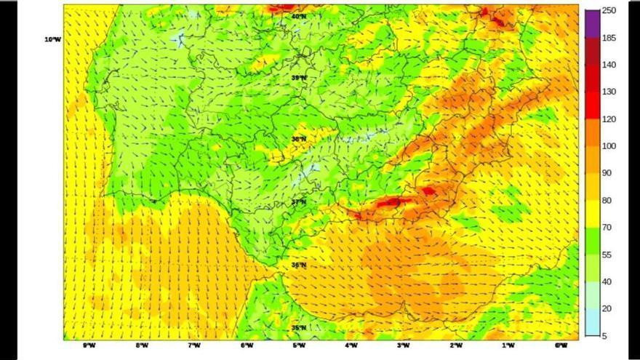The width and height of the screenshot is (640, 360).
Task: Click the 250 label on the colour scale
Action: coord(609,10)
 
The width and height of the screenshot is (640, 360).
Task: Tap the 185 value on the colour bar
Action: coord(609,38)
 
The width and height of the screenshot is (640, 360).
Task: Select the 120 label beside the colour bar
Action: coord(609,119)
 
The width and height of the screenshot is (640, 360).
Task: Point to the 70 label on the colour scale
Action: coord(607,228)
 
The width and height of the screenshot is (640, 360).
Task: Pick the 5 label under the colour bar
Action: coord(604,336)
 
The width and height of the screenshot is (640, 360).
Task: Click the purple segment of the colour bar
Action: coord(592,23)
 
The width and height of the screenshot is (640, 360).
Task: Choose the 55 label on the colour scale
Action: coord(607,255)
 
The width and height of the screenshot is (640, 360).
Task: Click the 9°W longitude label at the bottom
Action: coord(89,345)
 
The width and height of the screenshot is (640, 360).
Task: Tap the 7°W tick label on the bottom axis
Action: coord(194,345)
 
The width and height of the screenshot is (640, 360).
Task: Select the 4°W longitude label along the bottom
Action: coord(351,345)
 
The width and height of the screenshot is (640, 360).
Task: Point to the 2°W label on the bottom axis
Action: coord(456,345)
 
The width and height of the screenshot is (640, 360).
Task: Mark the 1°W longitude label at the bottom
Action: coord(508,345)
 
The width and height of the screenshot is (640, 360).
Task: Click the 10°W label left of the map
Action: coord(52,39)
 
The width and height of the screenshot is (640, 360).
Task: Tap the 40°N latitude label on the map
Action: coord(298,15)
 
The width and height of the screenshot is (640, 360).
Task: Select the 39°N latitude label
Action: coord(298,77)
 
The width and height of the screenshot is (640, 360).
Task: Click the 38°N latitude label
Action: coord(298,139)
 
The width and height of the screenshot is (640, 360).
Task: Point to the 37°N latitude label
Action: coord(298,202)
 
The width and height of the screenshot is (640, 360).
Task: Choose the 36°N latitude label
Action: coord(298,265)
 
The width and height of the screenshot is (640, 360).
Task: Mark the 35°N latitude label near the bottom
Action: coord(298,328)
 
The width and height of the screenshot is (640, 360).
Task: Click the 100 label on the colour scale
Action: coord(609,146)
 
